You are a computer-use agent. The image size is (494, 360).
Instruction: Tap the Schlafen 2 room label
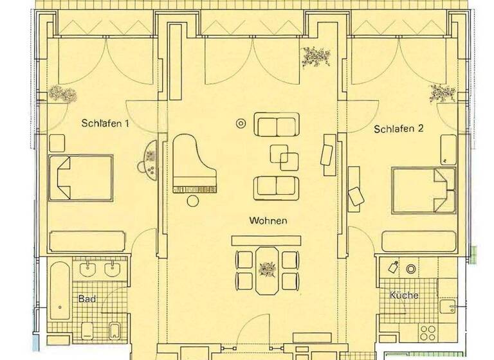[x=399, y=129]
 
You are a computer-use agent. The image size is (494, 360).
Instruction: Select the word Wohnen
[x=268, y=221]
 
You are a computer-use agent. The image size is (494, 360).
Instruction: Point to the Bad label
[x=87, y=299]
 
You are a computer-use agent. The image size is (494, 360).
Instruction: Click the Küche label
[x=404, y=296]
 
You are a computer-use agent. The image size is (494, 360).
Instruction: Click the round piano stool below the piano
[x=193, y=201]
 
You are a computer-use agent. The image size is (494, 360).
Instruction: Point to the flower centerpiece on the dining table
[x=266, y=268]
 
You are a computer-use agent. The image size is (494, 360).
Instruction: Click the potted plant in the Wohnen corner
[x=315, y=57]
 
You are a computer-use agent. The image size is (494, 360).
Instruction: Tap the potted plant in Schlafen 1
[x=62, y=94]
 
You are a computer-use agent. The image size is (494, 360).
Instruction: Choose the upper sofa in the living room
[x=277, y=124]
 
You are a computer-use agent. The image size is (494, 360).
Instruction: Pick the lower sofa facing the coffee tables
[x=277, y=186]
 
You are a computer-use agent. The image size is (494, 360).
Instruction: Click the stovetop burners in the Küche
[x=427, y=333]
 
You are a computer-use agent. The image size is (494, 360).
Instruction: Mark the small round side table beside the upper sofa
[x=241, y=122]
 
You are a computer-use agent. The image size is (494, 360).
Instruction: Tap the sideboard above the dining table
[x=266, y=240]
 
